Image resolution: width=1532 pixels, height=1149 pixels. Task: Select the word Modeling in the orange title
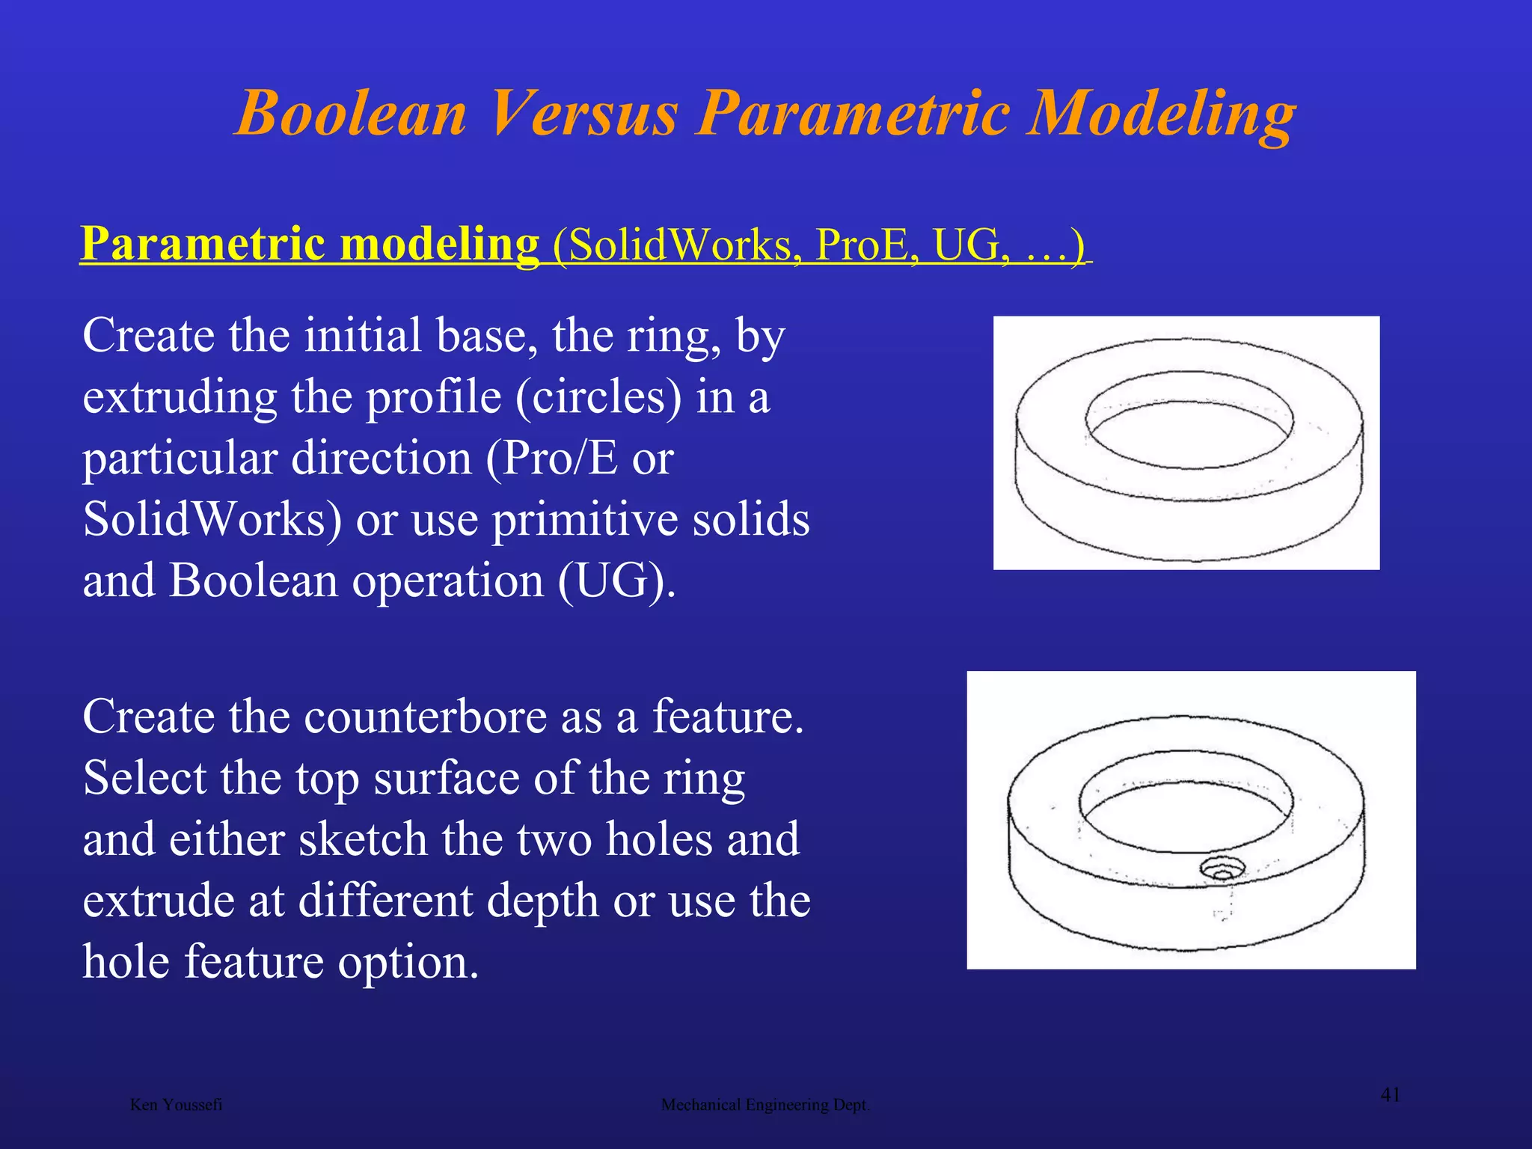[x=1160, y=114]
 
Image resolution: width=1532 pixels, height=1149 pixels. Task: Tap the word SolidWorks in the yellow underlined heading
[x=679, y=245]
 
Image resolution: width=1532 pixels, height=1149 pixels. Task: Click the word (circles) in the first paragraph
[x=598, y=396]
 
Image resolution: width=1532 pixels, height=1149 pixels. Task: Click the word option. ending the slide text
[x=408, y=962]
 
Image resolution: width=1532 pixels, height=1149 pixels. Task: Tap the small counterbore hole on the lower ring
[x=1223, y=869]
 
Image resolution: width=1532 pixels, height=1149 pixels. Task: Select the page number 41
[x=1390, y=1095]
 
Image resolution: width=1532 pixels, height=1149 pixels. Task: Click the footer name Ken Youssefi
[x=176, y=1105]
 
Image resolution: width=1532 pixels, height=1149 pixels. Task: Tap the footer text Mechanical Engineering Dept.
[x=765, y=1105]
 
